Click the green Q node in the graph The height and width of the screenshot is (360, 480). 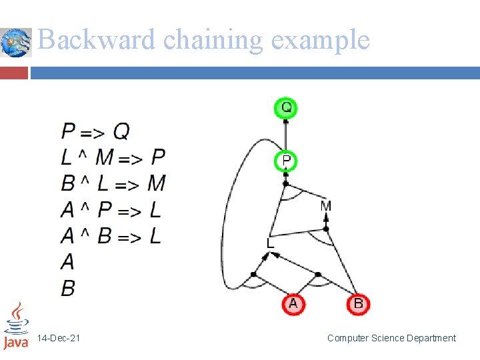[286, 107]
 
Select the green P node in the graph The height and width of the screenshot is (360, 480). [286, 161]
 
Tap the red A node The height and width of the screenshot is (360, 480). [293, 304]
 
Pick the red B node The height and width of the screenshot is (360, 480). [358, 304]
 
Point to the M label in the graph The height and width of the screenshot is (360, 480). [325, 207]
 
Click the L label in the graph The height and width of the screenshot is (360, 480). [270, 244]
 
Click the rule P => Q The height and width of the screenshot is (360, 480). [95, 131]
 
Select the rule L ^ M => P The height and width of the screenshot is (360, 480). [113, 157]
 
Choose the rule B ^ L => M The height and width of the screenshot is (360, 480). [113, 183]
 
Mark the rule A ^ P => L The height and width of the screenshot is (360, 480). [111, 210]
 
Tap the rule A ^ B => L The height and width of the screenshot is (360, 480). [111, 236]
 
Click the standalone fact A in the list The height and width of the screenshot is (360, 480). [68, 261]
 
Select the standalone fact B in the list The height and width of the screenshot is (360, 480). [68, 288]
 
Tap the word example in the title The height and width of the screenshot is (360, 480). [320, 40]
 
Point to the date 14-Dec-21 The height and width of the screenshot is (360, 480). [59, 339]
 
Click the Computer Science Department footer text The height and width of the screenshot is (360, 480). [391, 338]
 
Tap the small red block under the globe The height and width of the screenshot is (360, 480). [14, 72]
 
